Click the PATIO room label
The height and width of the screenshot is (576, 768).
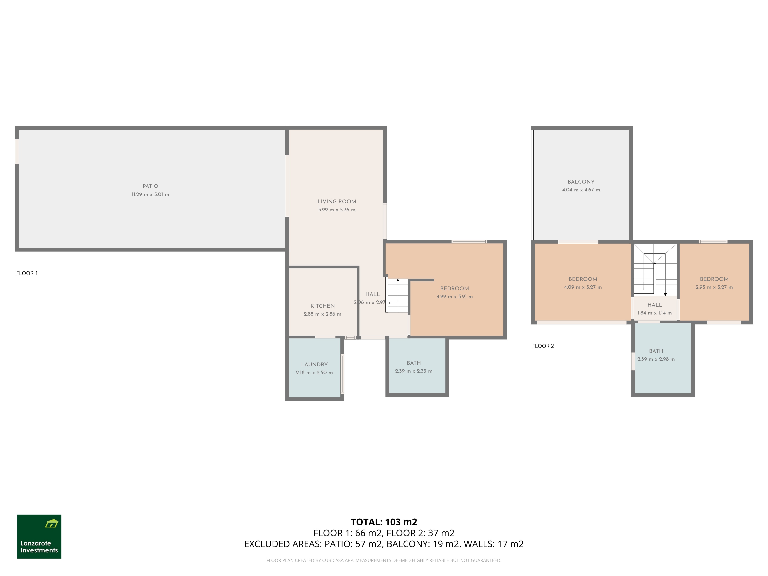[150, 186]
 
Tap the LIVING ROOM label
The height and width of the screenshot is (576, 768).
[337, 201]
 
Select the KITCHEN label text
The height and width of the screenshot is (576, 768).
[323, 306]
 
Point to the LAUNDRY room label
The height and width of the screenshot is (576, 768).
[314, 365]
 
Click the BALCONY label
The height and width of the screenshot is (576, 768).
[581, 182]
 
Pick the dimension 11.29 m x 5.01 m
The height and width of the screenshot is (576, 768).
[150, 194]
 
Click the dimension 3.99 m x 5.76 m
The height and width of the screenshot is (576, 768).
[337, 210]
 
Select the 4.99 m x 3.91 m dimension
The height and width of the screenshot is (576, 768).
[454, 296]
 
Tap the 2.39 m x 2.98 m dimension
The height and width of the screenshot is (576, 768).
[656, 359]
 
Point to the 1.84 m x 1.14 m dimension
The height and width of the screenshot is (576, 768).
[655, 313]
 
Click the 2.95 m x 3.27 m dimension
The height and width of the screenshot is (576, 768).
[714, 287]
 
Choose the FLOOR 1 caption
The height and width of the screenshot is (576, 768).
[27, 273]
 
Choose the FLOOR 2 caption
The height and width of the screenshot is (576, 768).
[543, 346]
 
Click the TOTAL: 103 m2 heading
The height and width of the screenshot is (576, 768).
[384, 522]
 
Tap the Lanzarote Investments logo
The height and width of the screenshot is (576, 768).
[39, 536]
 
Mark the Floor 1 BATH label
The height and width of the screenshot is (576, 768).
[414, 363]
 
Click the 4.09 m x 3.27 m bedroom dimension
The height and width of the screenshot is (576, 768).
[583, 287]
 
